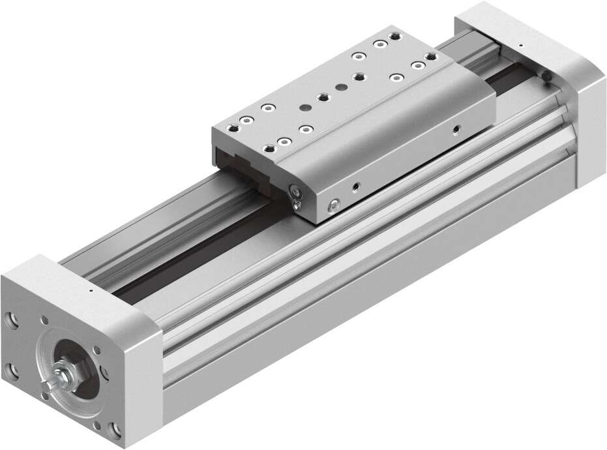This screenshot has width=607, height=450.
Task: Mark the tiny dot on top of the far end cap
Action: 520,46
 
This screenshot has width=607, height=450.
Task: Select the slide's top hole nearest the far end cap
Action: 430,57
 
